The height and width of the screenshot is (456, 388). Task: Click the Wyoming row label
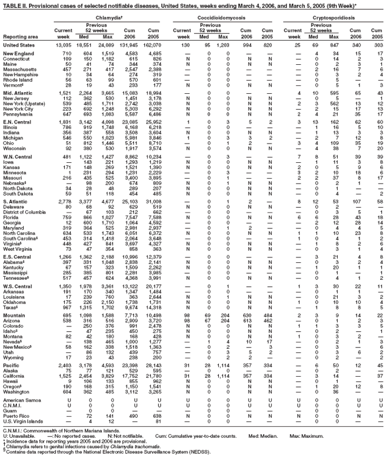pyautogui.click(x=14, y=357)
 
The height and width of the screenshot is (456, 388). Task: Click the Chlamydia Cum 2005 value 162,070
pyautogui.click(x=172, y=45)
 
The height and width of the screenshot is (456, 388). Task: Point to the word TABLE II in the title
pyautogui.click(x=13, y=4)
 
